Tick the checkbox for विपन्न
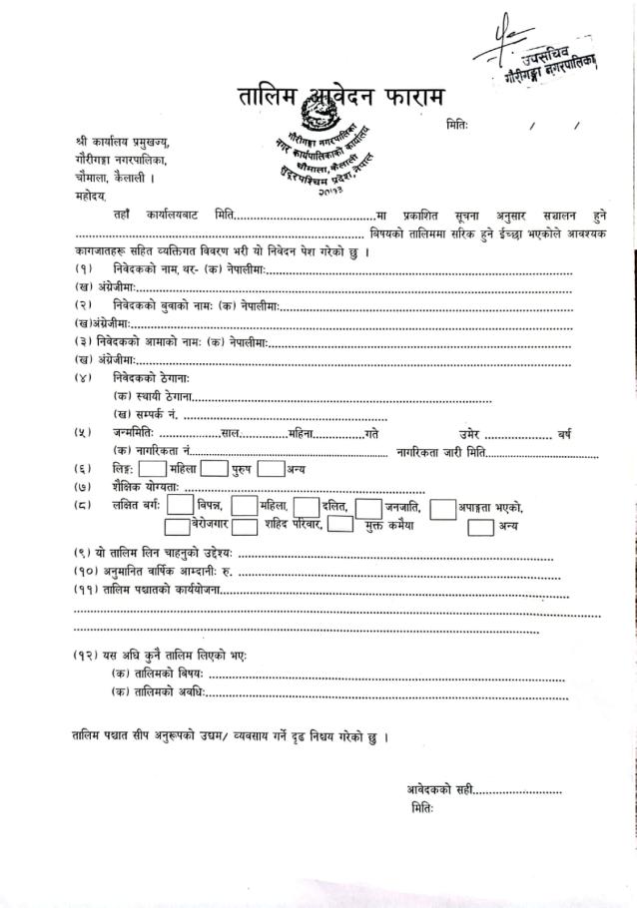(x=181, y=508)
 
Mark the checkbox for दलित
(x=306, y=508)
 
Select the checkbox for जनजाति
(x=368, y=508)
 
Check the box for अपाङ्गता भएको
(x=443, y=509)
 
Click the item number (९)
(x=84, y=554)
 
